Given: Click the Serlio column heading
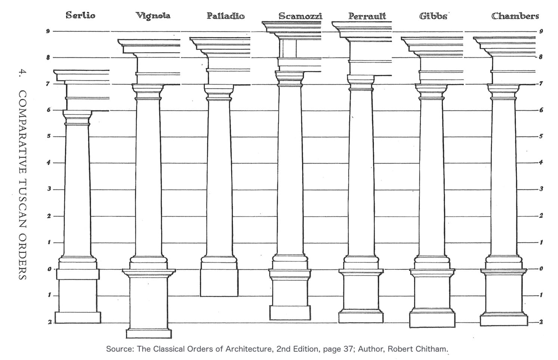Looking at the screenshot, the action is click(80, 15).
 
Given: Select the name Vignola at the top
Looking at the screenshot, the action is click(153, 16).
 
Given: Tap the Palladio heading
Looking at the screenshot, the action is click(226, 16).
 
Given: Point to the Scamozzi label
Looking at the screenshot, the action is click(300, 16).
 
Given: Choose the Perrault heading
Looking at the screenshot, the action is click(367, 16).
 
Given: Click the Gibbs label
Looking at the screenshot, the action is click(433, 16).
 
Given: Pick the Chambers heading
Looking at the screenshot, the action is click(515, 16).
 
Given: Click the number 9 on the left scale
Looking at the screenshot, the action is click(48, 31).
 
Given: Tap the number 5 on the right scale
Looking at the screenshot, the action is click(541, 136).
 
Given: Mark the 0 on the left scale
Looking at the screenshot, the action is click(49, 269).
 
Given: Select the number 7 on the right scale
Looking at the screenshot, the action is click(541, 83).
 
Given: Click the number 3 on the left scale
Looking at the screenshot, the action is click(49, 189).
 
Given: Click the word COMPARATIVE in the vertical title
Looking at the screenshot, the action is click(22, 132).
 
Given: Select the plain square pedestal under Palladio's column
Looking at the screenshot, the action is click(219, 283).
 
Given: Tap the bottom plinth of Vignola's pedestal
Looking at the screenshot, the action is click(149, 334).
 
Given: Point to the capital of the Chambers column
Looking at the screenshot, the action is click(503, 92).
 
